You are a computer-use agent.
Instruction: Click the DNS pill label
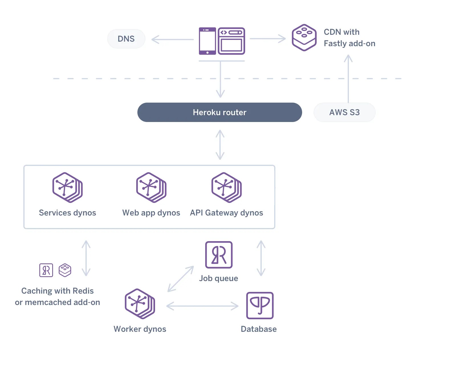(x=126, y=39)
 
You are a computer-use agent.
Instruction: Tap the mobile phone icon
(x=207, y=41)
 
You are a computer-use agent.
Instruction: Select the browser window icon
(x=231, y=41)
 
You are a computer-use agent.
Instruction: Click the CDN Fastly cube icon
(x=304, y=38)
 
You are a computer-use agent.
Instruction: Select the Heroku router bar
(x=219, y=112)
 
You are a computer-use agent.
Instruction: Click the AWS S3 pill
(x=344, y=112)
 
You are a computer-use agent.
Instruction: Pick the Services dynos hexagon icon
(x=67, y=187)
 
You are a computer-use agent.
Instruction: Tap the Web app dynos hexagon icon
(x=151, y=187)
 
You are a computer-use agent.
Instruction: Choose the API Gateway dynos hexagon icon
(x=226, y=187)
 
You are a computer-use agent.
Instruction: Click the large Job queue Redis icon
(x=219, y=255)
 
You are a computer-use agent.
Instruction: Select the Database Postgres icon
(x=260, y=305)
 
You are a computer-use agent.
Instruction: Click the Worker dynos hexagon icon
(x=140, y=304)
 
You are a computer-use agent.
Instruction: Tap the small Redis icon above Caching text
(x=46, y=270)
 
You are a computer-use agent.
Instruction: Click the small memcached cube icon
(x=65, y=270)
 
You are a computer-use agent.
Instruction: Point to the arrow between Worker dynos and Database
(x=202, y=306)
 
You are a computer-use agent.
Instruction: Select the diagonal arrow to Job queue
(x=181, y=279)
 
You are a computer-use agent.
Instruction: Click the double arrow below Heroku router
(x=220, y=145)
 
